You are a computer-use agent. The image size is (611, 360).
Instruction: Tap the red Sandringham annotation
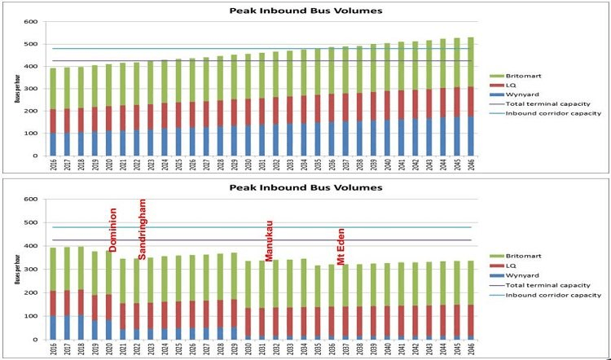tap(142, 227)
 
